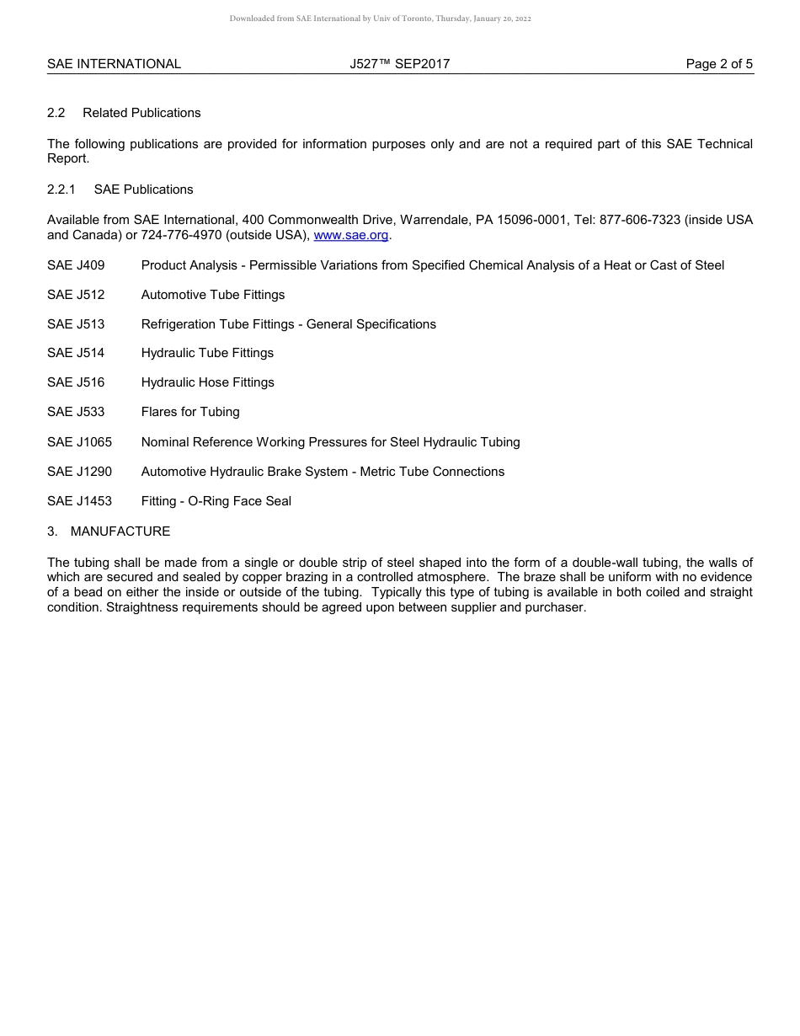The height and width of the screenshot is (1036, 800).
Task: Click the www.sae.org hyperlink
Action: (351, 236)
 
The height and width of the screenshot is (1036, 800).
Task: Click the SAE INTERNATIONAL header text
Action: (114, 64)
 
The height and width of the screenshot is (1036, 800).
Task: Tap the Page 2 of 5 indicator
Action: (719, 64)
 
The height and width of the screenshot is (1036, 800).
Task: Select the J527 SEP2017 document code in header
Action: (400, 64)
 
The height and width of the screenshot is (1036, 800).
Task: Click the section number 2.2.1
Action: (61, 190)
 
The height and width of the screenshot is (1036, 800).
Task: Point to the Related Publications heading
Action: (141, 113)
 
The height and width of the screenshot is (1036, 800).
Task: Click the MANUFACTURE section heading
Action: (120, 531)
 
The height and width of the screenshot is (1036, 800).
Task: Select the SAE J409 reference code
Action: (76, 265)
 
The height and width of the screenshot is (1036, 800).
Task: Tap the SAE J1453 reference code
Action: (79, 501)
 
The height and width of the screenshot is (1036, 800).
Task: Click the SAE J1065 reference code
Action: (79, 442)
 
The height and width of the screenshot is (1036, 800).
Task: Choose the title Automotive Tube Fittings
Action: (213, 295)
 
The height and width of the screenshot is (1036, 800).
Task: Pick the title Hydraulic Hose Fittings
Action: (208, 382)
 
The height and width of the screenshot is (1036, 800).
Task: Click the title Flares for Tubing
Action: (190, 412)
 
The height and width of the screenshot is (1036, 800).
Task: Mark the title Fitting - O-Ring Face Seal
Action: (216, 501)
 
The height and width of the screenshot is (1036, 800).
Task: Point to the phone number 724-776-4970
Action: (181, 236)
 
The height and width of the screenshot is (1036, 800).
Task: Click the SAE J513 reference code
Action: (76, 324)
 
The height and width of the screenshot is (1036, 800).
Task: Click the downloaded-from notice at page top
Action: (381, 19)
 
